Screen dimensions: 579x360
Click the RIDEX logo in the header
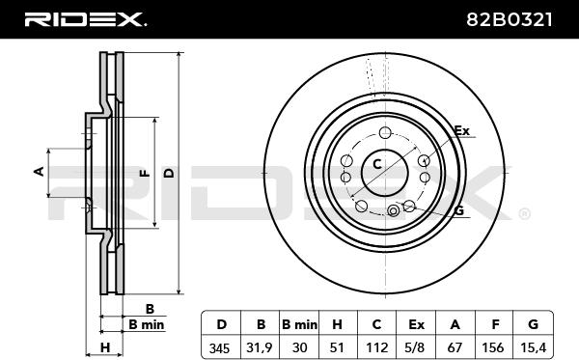tap(85, 19)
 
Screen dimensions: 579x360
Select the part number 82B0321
tap(509, 19)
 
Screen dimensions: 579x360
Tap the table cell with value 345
tap(219, 347)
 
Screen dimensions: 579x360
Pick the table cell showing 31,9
tap(260, 347)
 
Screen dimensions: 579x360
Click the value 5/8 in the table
tap(416, 347)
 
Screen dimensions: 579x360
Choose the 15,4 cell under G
tap(533, 347)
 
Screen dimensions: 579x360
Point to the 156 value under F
tap(493, 347)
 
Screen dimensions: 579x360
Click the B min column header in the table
tap(299, 324)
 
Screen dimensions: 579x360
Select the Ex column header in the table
tap(416, 324)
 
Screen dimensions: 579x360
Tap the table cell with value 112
tap(376, 347)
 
